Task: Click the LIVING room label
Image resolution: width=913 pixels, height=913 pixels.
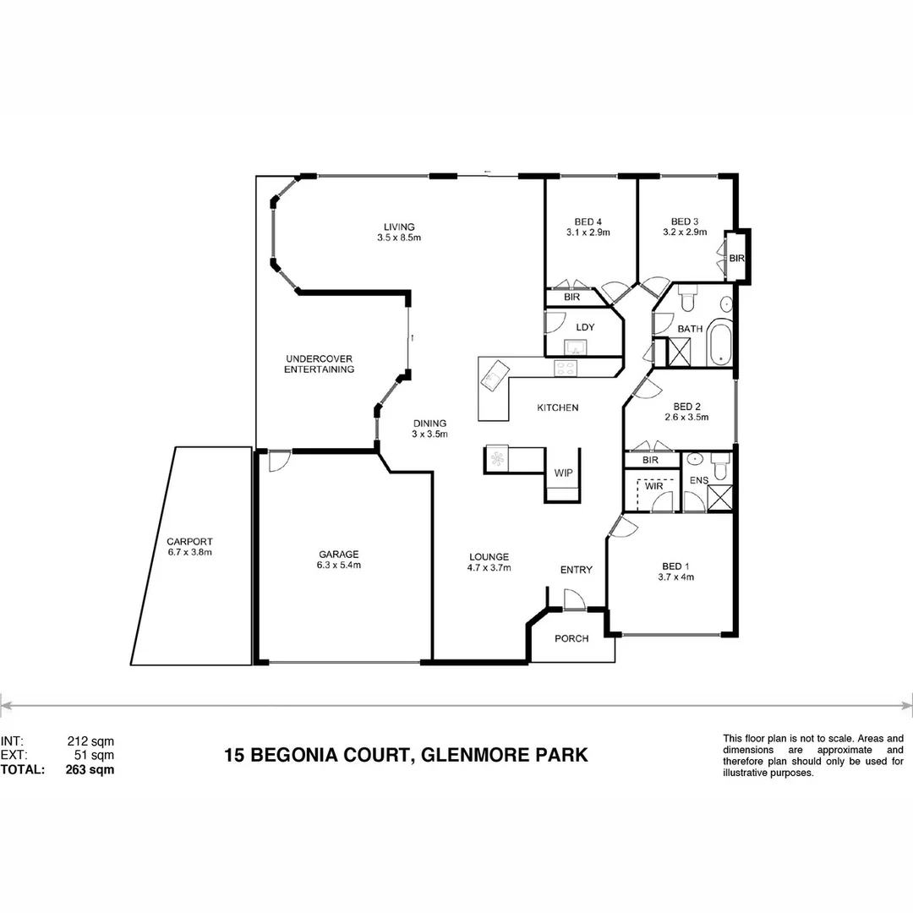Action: tap(399, 227)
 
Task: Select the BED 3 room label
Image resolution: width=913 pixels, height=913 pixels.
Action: tap(683, 221)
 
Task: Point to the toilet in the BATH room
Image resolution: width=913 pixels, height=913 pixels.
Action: tap(686, 299)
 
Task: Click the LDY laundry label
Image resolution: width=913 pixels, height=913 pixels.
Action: tap(585, 327)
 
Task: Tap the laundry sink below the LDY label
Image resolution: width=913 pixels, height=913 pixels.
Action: tap(577, 347)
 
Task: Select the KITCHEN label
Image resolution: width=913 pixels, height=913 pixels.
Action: tap(558, 408)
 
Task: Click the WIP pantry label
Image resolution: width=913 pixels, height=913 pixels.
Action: tap(563, 473)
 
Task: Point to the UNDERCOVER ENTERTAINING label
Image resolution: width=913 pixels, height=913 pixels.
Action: tap(319, 364)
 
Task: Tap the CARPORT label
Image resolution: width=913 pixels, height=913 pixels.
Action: tap(189, 542)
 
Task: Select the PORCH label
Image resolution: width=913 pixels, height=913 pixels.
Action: tap(571, 638)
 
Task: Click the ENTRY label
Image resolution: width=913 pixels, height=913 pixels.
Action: tap(577, 570)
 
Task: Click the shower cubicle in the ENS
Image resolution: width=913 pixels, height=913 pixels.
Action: tap(719, 499)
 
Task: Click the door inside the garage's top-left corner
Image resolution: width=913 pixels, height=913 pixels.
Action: tap(276, 461)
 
